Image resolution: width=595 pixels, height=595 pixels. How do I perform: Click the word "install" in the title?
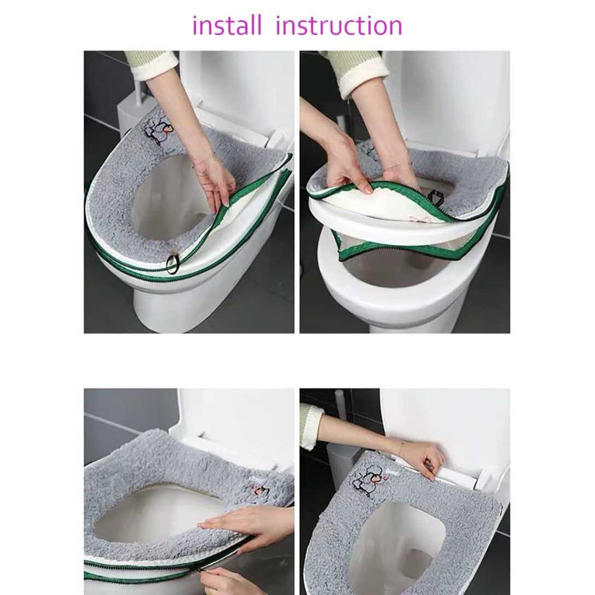point(227,25)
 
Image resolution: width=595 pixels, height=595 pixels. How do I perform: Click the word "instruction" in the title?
point(339,25)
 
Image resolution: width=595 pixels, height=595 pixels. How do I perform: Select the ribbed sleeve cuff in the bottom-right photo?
point(311,426)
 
